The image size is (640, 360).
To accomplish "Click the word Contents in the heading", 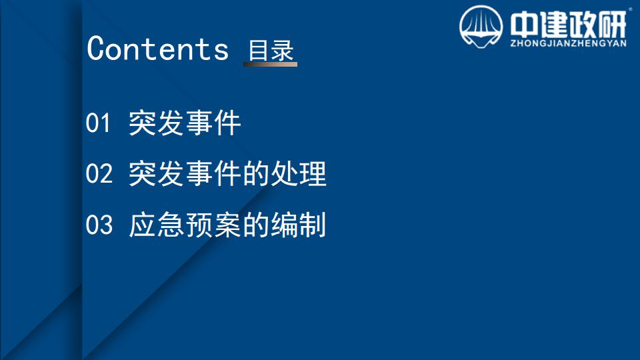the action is [x=158, y=49].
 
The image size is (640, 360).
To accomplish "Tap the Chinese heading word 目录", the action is [x=271, y=51].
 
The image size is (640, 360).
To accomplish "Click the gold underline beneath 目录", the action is [x=270, y=64].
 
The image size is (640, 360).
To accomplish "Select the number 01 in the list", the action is [x=98, y=123].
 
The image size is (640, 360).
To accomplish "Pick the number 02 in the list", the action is [x=99, y=173].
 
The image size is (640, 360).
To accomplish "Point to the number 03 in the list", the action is [x=99, y=225].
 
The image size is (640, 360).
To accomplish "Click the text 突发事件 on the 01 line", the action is [x=185, y=123].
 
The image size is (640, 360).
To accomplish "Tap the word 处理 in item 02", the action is [x=299, y=173].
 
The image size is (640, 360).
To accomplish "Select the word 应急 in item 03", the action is [x=156, y=225].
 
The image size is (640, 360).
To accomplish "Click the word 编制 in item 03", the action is [x=299, y=225].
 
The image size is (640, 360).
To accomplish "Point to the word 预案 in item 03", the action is [x=213, y=225].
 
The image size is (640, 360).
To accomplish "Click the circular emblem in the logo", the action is [x=481, y=27].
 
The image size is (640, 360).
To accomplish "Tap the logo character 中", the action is [x=524, y=25].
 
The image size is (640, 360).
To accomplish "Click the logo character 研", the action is [x=611, y=25].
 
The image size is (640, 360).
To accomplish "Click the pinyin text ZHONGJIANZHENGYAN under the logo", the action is [x=568, y=43].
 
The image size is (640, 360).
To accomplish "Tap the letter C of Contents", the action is [x=95, y=49].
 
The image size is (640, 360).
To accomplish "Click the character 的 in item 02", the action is [x=256, y=173].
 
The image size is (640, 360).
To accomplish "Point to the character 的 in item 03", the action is [x=256, y=225].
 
